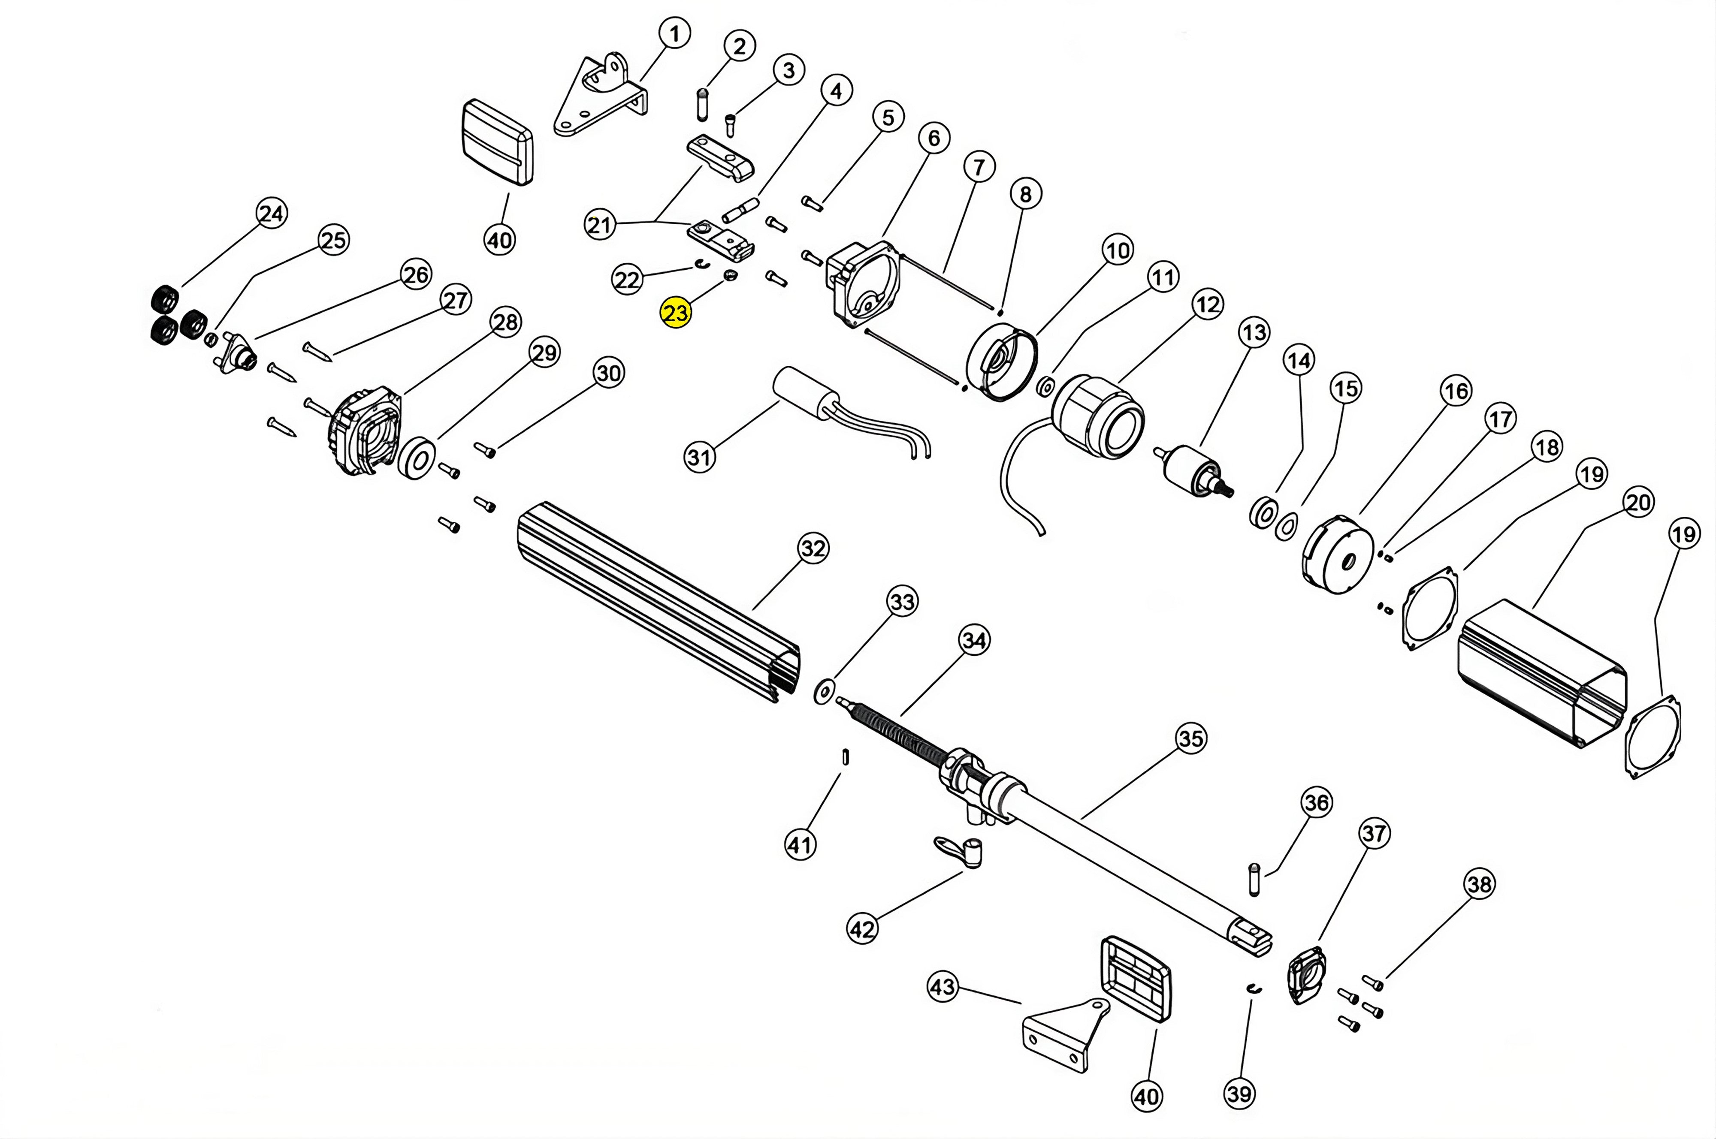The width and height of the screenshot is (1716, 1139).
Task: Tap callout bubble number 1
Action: point(674,33)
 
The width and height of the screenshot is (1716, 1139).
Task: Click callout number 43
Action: point(943,987)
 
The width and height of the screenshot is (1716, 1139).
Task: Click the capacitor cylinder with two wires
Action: point(805,393)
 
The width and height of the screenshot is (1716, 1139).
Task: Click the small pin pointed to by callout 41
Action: point(845,756)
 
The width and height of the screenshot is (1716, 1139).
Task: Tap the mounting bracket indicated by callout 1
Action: point(599,98)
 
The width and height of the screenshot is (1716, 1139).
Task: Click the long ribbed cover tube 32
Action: point(654,603)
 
